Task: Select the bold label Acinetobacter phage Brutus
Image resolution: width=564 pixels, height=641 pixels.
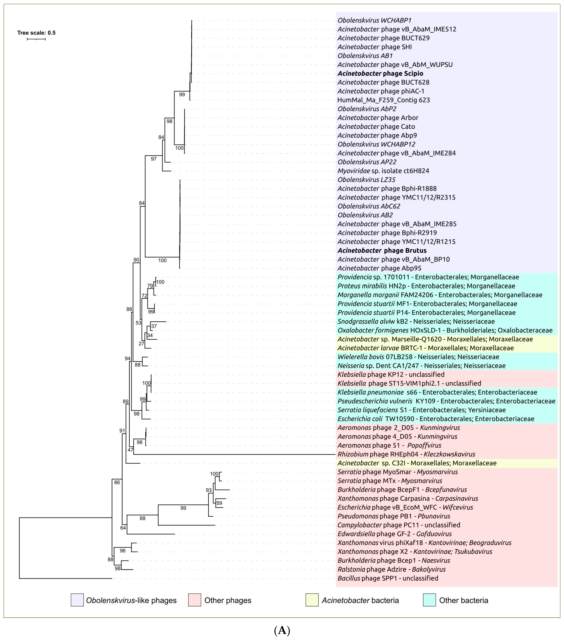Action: (x=382, y=251)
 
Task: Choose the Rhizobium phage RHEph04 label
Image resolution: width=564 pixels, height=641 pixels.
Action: (x=406, y=454)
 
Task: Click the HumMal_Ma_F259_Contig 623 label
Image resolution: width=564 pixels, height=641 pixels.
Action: (x=383, y=100)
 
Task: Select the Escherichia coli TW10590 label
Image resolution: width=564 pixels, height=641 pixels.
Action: (x=436, y=419)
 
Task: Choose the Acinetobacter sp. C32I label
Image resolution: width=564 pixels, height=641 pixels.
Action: (x=417, y=463)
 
